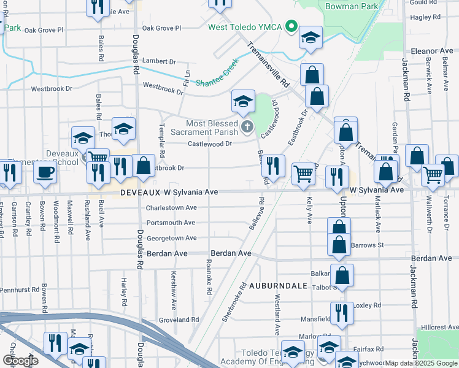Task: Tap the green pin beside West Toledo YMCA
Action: [293, 27]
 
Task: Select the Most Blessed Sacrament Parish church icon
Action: [247, 127]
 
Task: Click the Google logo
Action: [21, 361]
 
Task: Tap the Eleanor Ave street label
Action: [432, 51]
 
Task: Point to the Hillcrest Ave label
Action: [436, 329]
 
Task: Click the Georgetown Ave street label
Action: [171, 238]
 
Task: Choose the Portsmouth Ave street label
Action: [171, 223]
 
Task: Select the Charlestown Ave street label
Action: [171, 208]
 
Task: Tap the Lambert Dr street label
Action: [159, 61]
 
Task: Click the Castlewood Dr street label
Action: [210, 144]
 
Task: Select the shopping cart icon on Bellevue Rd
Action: [304, 174]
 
